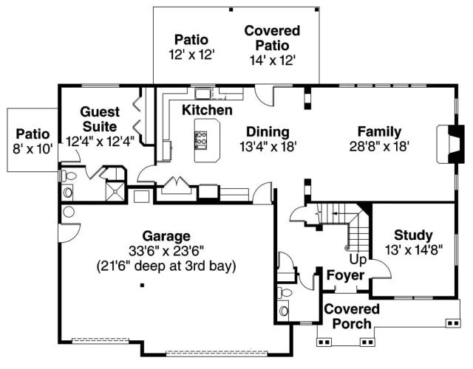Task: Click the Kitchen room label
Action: click(x=207, y=110)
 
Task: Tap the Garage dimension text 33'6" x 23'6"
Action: click(x=166, y=251)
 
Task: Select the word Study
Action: click(x=413, y=235)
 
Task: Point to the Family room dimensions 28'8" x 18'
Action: click(x=379, y=147)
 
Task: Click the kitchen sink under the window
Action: click(x=202, y=94)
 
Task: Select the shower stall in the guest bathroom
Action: click(x=115, y=190)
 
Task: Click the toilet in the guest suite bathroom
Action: click(x=68, y=176)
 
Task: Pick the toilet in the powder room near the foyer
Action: click(x=285, y=292)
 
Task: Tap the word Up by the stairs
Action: click(x=358, y=259)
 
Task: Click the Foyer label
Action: click(x=346, y=275)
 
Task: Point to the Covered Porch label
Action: click(x=352, y=317)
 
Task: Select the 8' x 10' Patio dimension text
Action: click(x=33, y=148)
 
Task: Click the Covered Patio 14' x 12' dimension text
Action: click(x=272, y=61)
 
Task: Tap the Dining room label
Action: click(x=268, y=132)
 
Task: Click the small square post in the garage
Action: click(x=142, y=285)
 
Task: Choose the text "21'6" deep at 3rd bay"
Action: click(x=166, y=266)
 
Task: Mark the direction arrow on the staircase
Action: click(x=338, y=213)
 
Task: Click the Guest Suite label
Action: click(x=100, y=120)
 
